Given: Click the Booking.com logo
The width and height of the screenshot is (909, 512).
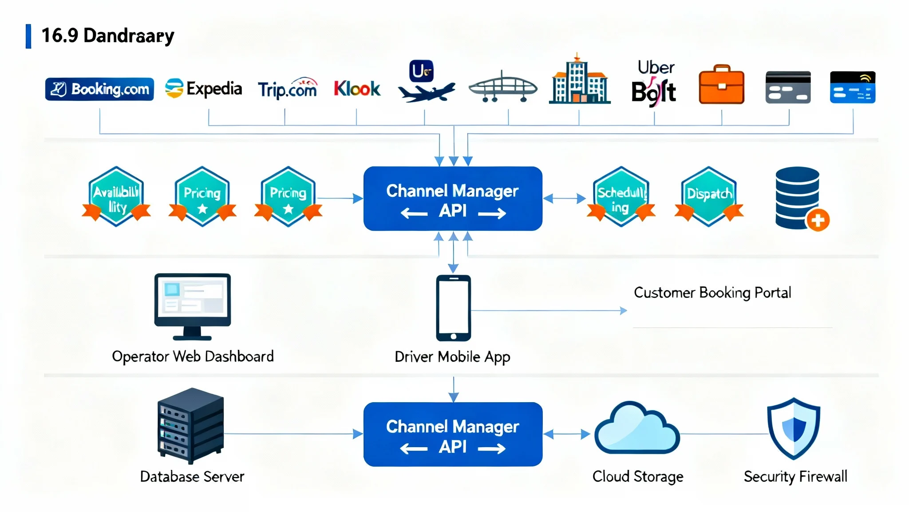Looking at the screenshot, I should (x=99, y=89).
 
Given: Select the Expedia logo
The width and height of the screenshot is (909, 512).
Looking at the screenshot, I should (x=204, y=88).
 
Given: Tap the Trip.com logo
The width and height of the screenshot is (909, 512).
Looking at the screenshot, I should (x=287, y=88).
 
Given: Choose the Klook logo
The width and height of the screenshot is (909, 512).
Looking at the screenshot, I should (x=357, y=88).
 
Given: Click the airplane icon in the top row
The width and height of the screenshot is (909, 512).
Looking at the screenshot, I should (x=426, y=92).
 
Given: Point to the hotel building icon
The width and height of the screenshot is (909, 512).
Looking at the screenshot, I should (x=579, y=80).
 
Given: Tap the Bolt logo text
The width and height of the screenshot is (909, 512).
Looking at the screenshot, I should (x=653, y=92).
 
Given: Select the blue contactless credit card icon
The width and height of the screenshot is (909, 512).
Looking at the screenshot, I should (x=853, y=87).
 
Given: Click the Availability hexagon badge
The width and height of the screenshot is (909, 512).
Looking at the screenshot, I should (x=116, y=197).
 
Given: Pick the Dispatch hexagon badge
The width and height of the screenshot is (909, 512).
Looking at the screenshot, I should (x=709, y=196).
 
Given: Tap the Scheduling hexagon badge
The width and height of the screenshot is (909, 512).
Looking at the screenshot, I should (x=621, y=197).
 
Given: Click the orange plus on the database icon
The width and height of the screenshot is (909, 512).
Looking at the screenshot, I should (x=818, y=220).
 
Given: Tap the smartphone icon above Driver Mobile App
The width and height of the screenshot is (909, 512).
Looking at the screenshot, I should (x=453, y=308).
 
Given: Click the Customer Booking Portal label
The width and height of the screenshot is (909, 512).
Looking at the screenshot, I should (x=712, y=292).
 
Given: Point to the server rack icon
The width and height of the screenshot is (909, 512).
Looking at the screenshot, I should (x=191, y=425).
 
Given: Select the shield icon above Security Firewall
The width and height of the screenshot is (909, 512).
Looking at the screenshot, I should (x=794, y=428).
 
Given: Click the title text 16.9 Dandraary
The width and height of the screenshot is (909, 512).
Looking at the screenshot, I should (x=107, y=36).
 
